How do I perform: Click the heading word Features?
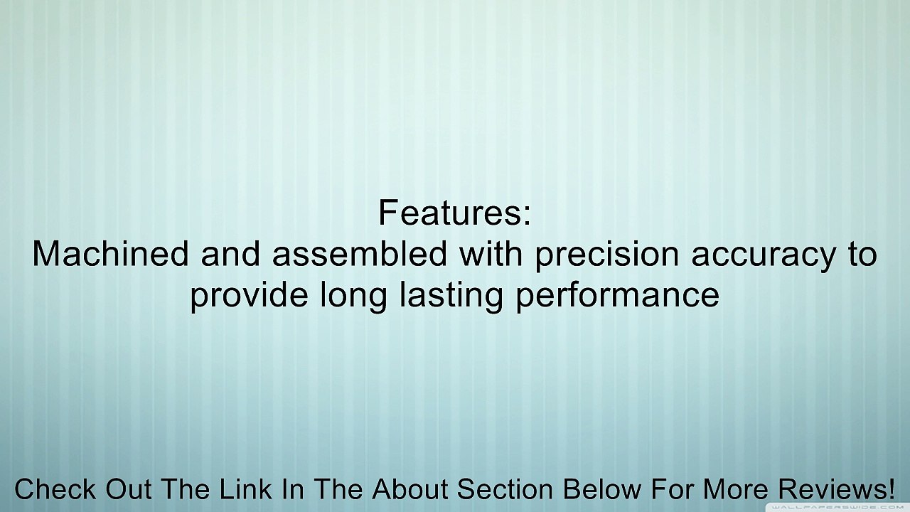click(449, 213)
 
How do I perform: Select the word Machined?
click(110, 253)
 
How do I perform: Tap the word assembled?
click(359, 253)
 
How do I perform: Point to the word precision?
click(607, 256)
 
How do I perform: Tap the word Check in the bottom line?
click(55, 489)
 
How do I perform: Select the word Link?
click(246, 489)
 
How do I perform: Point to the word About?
click(410, 489)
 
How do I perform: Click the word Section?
click(505, 489)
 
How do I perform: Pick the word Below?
click(602, 489)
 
